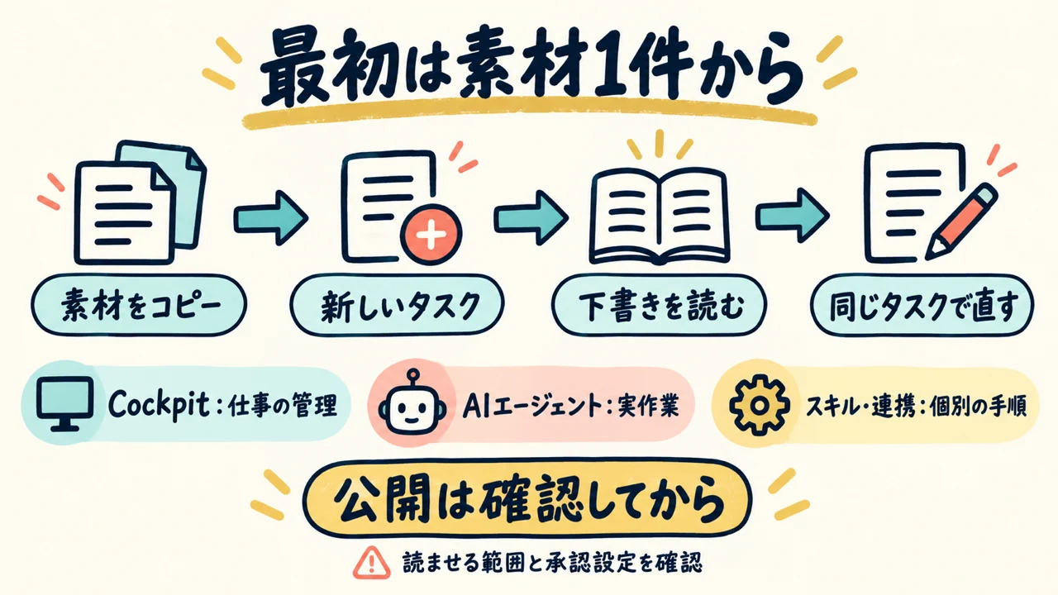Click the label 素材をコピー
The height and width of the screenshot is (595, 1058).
coord(139,305)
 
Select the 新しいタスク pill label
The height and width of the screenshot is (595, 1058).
coord(398,305)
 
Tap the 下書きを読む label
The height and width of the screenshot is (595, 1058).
coord(660,305)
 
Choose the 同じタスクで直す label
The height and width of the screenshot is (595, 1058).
coord(922,305)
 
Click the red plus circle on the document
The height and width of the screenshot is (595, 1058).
coord(431,235)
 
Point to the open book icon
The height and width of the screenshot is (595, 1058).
coord(660,216)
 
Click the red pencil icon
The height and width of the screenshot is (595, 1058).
coord(961,221)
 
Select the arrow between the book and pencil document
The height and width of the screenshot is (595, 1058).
coord(792,216)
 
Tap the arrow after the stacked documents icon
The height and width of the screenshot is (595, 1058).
coord(271,217)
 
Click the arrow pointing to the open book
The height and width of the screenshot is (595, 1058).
coord(531,217)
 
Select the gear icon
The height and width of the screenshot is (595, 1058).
coord(759,404)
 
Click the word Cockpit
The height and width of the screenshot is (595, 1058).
coord(159,405)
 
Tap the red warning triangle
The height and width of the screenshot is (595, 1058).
coord(372,563)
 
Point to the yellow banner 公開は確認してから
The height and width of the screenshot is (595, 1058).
coord(527,498)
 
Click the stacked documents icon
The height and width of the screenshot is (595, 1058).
coord(141,202)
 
